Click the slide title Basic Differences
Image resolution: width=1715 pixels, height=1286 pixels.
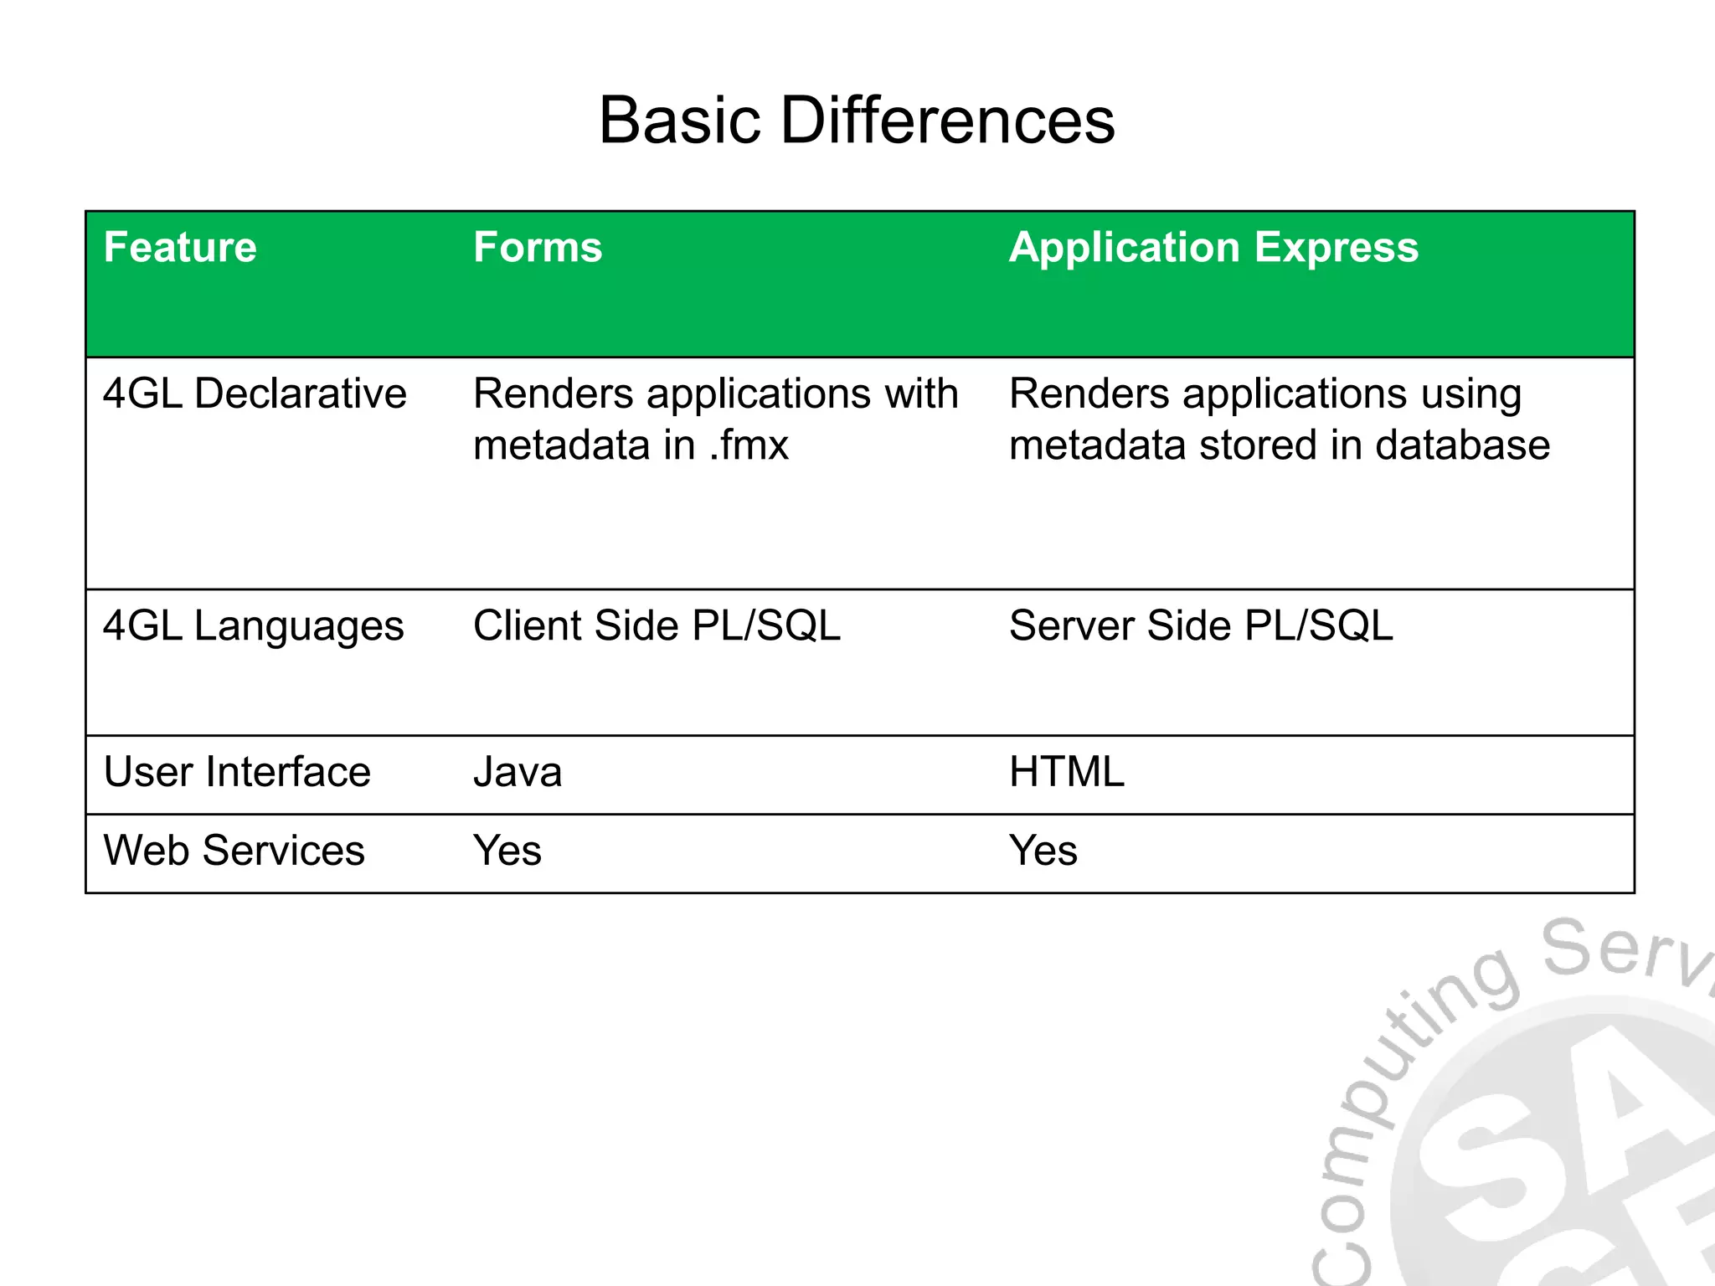(x=857, y=121)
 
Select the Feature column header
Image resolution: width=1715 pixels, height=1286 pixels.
(x=180, y=248)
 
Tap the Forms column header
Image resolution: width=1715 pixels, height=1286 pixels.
(x=538, y=248)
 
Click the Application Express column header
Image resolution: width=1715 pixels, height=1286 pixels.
(x=1213, y=248)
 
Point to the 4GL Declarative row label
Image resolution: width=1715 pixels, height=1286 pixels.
(x=255, y=394)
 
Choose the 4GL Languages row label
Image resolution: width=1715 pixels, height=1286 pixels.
(x=253, y=626)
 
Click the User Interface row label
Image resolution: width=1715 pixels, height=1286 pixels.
(x=237, y=772)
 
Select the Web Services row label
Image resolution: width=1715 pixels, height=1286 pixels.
(x=234, y=851)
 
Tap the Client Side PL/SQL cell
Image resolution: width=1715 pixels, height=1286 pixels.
(x=657, y=626)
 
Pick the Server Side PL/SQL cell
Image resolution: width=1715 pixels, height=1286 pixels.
(x=1201, y=626)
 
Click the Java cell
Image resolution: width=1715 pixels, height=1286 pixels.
(x=518, y=772)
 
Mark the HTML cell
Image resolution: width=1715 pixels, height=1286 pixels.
(x=1066, y=772)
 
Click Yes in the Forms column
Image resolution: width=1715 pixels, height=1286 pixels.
(x=507, y=851)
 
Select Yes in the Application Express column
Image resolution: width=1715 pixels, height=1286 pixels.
(x=1043, y=851)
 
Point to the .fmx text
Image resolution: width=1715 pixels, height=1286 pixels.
(x=749, y=445)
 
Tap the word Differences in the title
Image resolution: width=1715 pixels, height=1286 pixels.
(x=948, y=121)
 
